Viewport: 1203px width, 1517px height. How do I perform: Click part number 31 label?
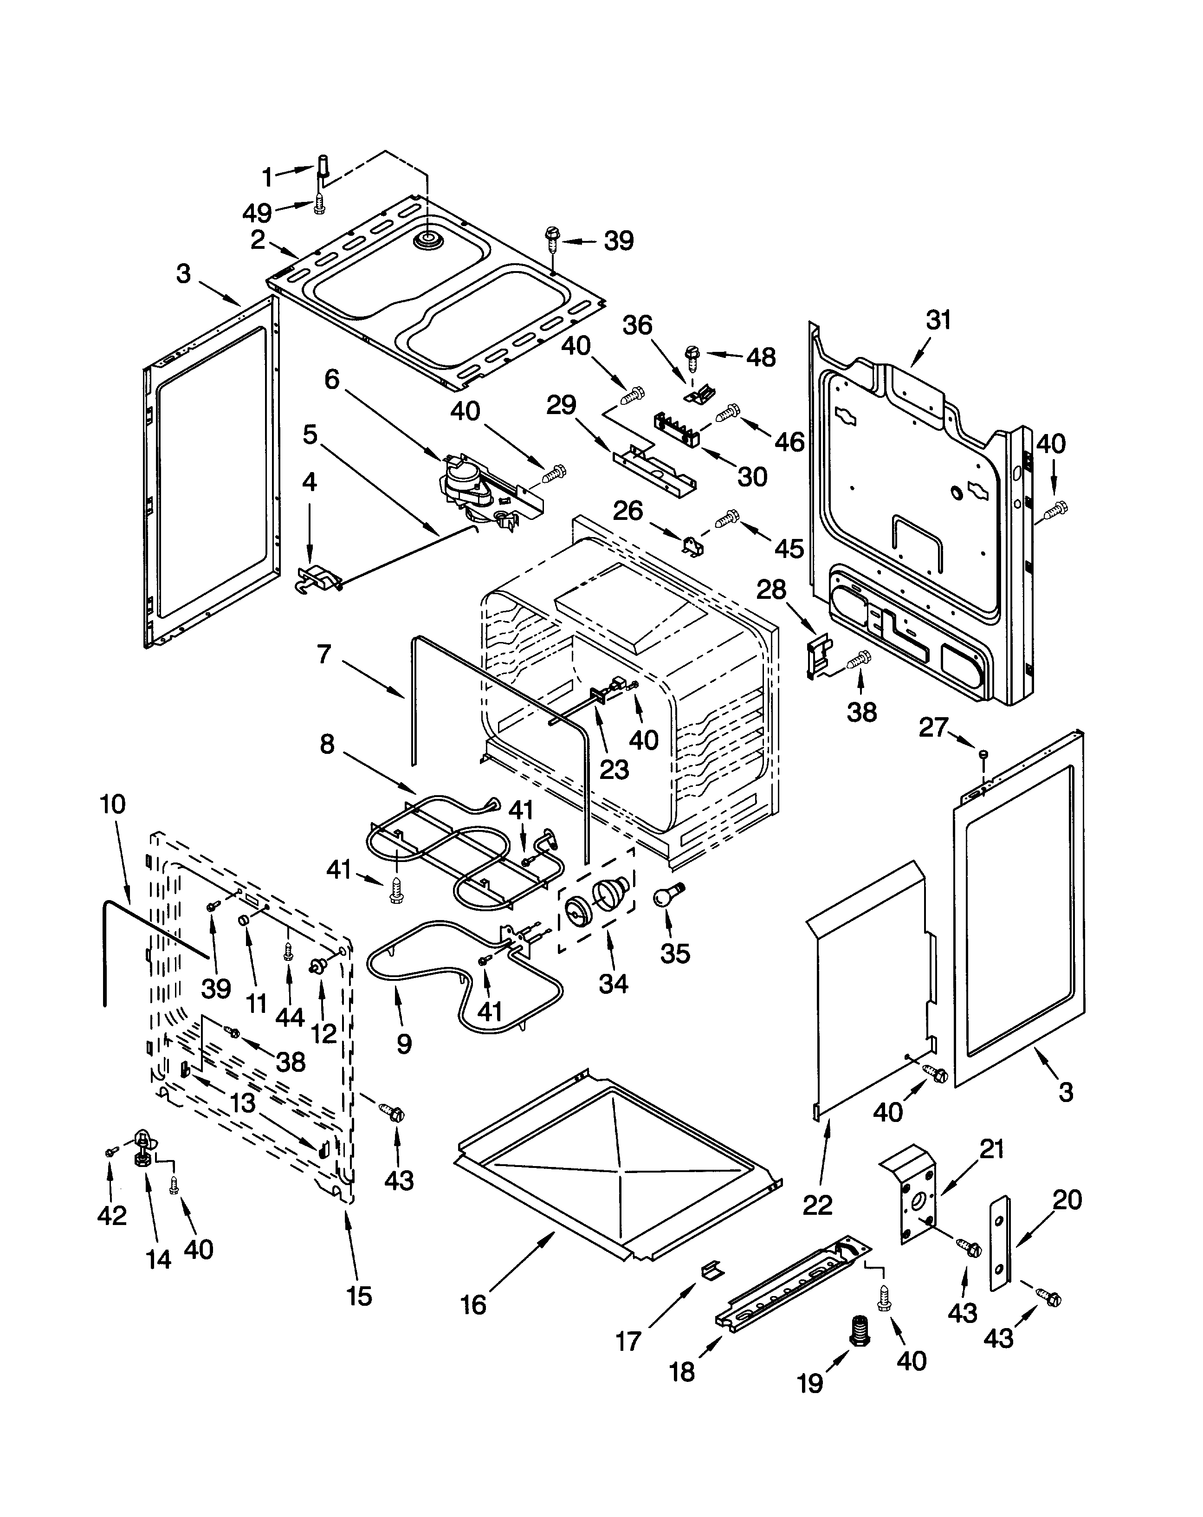938,320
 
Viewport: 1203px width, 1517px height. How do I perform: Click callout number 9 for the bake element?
404,1044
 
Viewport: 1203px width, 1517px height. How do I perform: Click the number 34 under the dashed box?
613,983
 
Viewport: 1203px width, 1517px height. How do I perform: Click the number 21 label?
991,1149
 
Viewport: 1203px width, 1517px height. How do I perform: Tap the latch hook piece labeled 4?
319,579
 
